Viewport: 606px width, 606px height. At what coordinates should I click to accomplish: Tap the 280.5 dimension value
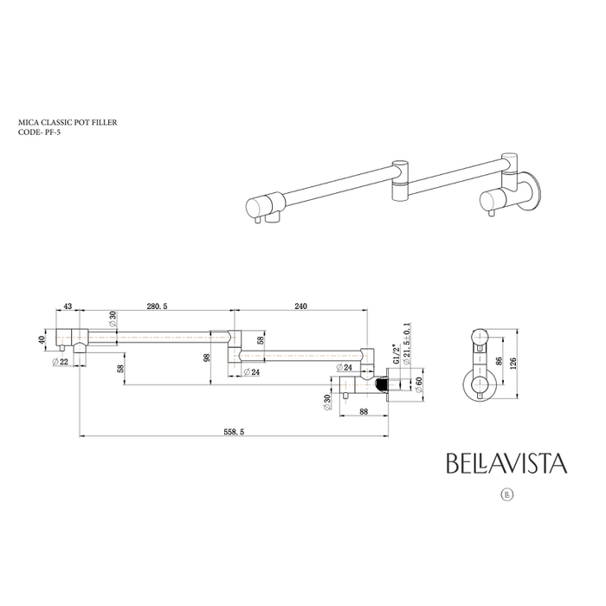pos(157,306)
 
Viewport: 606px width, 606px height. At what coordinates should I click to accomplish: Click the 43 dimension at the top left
pos(68,306)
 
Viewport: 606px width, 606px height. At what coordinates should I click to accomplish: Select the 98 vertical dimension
pos(208,358)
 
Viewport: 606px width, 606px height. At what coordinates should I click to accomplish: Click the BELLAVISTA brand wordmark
pos(506,463)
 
